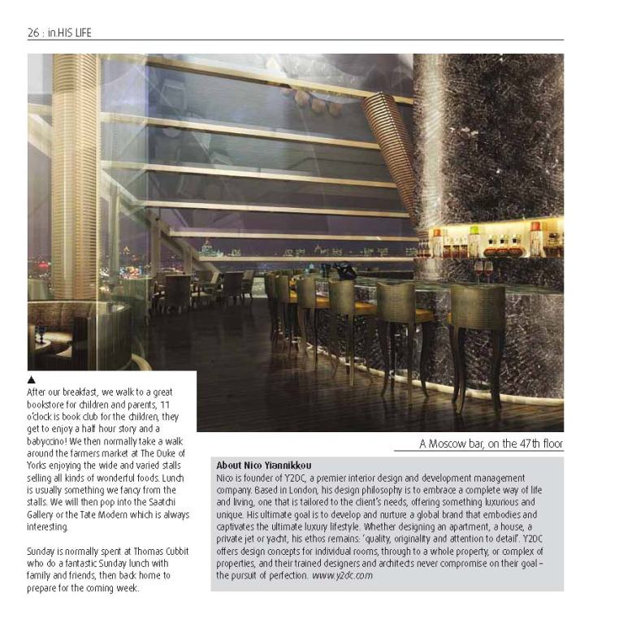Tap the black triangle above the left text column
32,379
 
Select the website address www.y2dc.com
342,575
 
